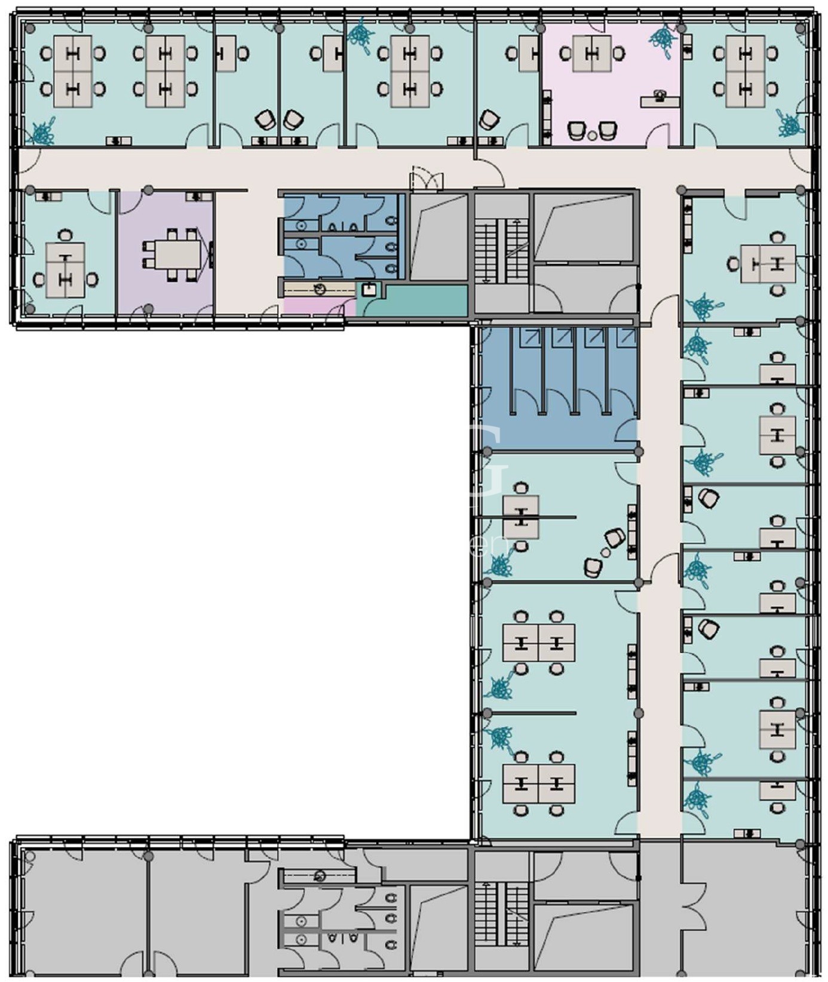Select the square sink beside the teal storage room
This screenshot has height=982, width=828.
(x=369, y=290)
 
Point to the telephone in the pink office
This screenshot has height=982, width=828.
(x=660, y=96)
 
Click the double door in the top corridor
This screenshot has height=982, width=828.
(x=427, y=180)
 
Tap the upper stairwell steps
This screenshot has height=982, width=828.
(x=502, y=251)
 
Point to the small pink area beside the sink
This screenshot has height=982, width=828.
(x=311, y=305)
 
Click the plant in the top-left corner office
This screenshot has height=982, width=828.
(x=43, y=133)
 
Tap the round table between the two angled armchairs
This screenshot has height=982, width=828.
(x=606, y=552)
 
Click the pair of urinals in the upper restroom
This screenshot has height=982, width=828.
(x=344, y=227)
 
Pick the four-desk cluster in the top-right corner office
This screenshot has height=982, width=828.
(x=745, y=71)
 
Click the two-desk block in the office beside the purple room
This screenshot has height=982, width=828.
(x=65, y=270)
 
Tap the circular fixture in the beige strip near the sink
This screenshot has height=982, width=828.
(x=320, y=290)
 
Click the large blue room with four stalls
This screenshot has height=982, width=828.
(x=559, y=388)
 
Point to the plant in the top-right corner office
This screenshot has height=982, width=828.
(x=789, y=124)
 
